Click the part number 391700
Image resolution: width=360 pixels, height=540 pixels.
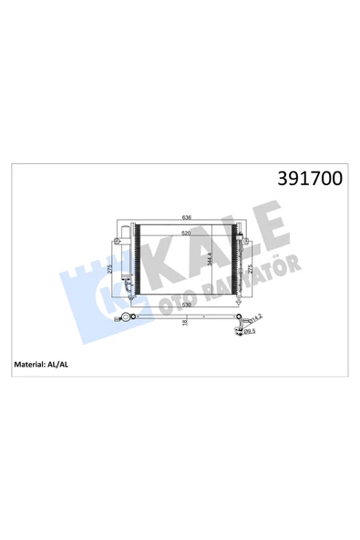pos(310,179)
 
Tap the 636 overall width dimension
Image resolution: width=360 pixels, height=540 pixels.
pos(186,217)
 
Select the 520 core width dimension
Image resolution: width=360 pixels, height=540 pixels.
pos(186,234)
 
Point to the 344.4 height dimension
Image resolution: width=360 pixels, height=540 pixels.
pos(210,259)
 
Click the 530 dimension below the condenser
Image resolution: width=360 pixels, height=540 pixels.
pos(186,305)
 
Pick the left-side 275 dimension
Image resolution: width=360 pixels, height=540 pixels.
pos(110,269)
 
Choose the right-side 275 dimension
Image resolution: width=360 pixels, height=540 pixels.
pos(251,269)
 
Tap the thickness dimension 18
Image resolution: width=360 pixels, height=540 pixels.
pos(185,322)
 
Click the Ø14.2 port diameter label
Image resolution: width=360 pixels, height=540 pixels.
pos(255,319)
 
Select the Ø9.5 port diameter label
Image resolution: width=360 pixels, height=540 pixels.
pos(249,332)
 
